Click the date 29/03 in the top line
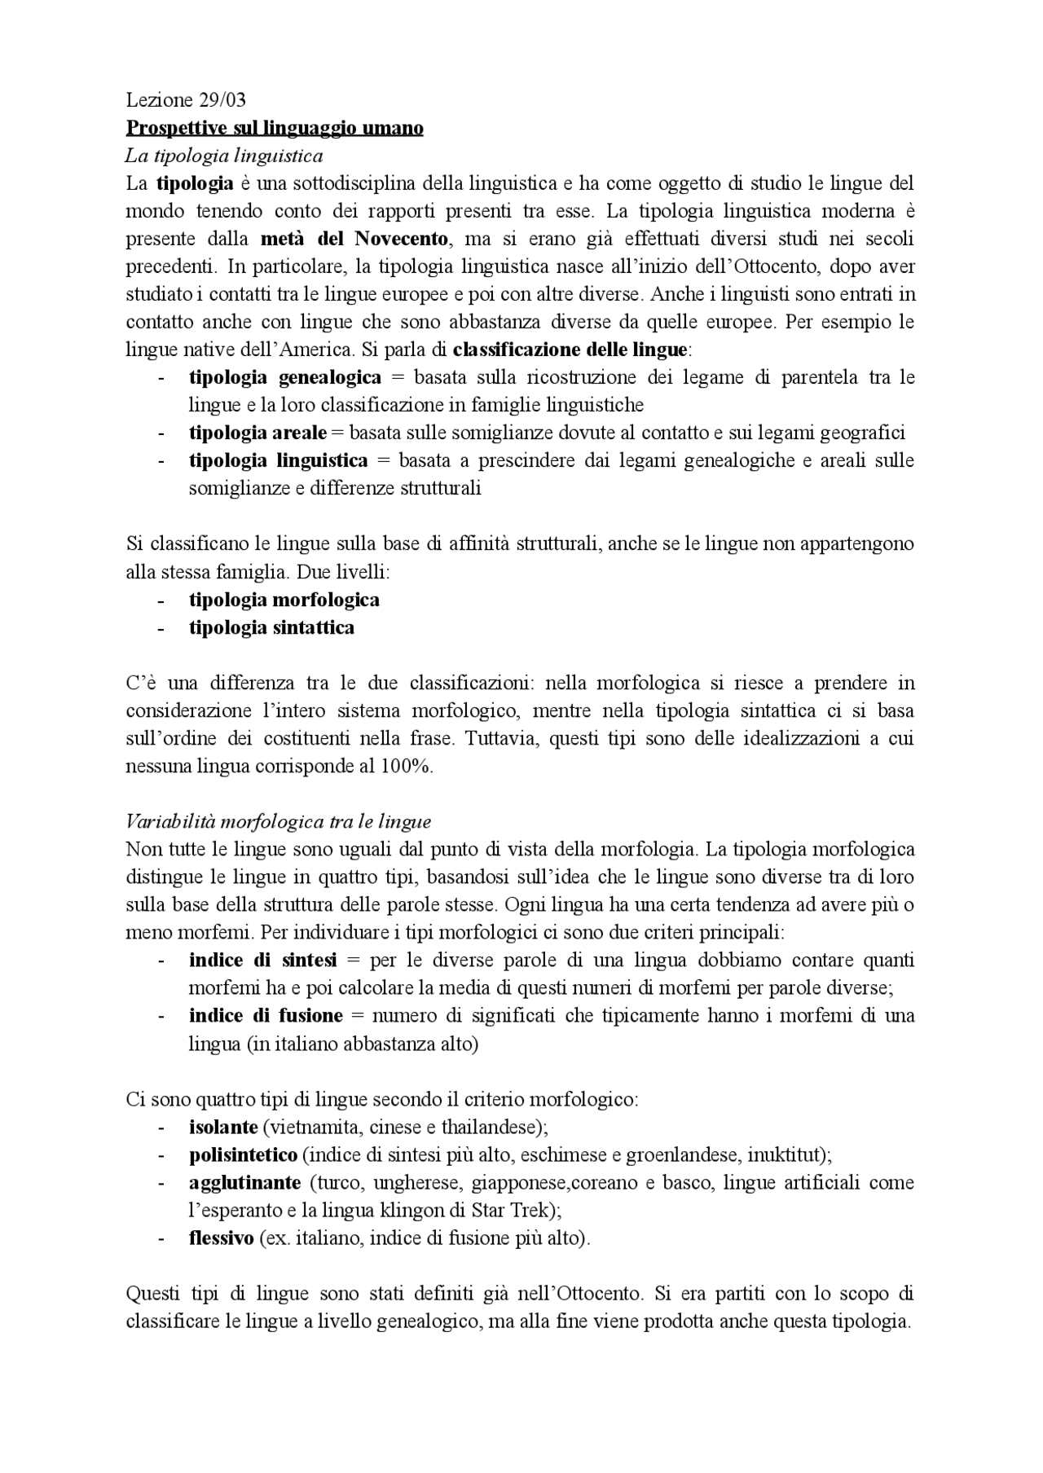(222, 100)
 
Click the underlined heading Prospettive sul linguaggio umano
(275, 128)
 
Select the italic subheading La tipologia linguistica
(224, 156)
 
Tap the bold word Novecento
(402, 239)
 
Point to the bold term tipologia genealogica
(284, 377)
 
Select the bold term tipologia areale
(257, 433)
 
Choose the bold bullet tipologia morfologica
(284, 600)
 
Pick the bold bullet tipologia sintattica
(271, 627)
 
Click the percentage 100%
(406, 766)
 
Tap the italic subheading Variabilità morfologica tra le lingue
(279, 821)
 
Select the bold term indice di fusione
(266, 1015)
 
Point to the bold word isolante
(222, 1128)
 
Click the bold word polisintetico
(243, 1155)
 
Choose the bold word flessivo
(221, 1238)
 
